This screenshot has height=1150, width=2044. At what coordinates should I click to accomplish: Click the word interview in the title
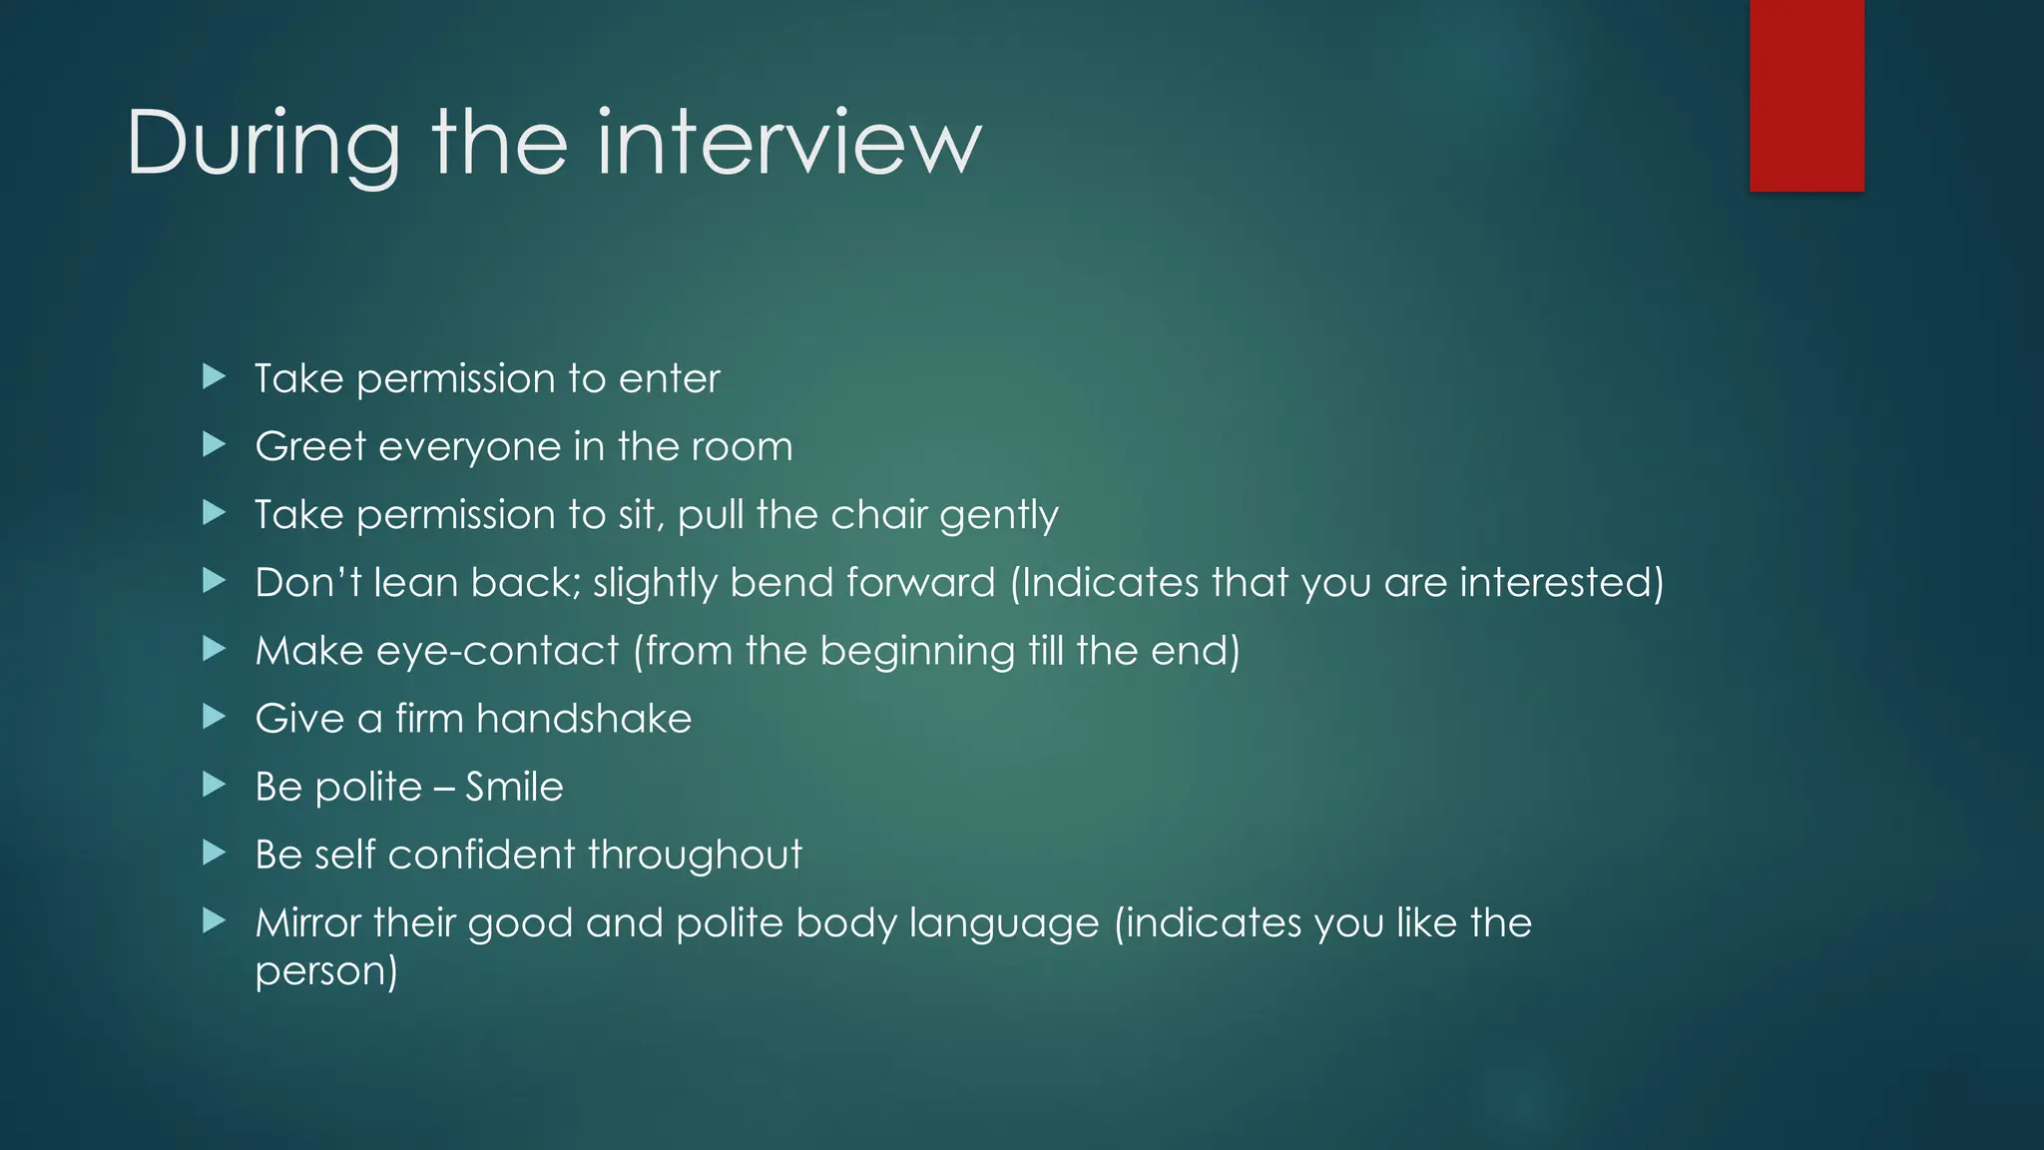tap(788, 145)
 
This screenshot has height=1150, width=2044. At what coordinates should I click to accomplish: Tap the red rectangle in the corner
tap(1806, 95)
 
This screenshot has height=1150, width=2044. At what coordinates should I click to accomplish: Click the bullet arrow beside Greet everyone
tap(214, 444)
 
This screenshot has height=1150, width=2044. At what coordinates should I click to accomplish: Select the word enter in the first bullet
tap(669, 379)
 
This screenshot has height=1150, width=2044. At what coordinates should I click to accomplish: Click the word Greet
tap(310, 446)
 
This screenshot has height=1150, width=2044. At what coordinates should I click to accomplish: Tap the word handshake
tap(584, 719)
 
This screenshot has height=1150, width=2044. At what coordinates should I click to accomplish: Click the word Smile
tap(514, 788)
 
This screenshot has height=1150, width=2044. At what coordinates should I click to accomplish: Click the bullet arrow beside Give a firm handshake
tap(214, 717)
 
